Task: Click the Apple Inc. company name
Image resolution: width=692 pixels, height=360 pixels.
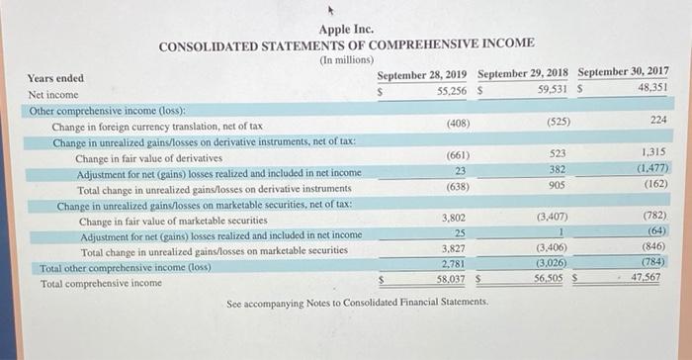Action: [x=346, y=29]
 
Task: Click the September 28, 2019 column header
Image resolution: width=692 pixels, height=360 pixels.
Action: [x=421, y=74]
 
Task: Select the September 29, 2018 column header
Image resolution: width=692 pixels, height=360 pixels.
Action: [x=523, y=74]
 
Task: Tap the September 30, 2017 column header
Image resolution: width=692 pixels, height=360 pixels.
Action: [x=623, y=72]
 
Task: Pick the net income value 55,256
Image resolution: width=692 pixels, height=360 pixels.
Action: [x=452, y=90]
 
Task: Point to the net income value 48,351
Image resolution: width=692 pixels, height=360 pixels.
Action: [x=652, y=87]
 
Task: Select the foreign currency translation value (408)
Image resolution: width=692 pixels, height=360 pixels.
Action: [x=458, y=124]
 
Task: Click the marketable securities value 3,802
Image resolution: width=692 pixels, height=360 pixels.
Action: [x=454, y=219]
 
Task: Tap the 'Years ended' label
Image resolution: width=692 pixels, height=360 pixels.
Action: [x=55, y=78]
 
